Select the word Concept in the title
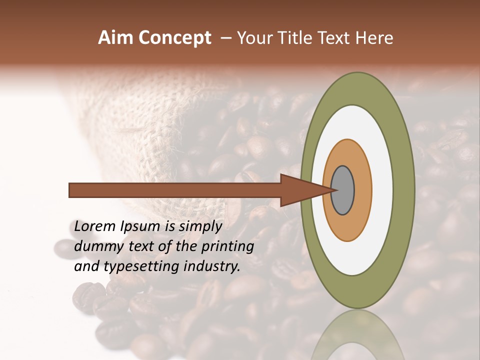click(x=175, y=38)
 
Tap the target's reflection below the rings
click(x=357, y=335)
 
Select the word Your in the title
click(x=253, y=38)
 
